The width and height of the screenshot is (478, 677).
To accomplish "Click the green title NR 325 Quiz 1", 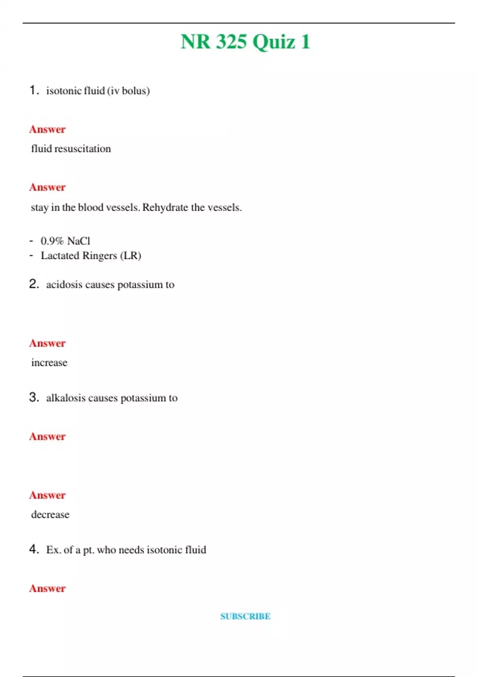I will pyautogui.click(x=245, y=41).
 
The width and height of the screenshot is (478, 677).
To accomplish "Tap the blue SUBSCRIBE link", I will pyautogui.click(x=245, y=616).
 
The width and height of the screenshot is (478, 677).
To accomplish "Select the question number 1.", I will pyautogui.click(x=34, y=90).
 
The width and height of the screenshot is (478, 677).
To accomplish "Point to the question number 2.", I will pyautogui.click(x=34, y=284).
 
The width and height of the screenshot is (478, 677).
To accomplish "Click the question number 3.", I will pyautogui.click(x=34, y=397).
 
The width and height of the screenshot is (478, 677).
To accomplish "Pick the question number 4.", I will pyautogui.click(x=34, y=549).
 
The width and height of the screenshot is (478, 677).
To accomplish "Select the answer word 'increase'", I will pyautogui.click(x=49, y=362).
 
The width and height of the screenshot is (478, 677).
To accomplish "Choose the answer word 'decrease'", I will pyautogui.click(x=50, y=515).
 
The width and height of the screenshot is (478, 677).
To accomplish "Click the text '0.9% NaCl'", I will pyautogui.click(x=65, y=241).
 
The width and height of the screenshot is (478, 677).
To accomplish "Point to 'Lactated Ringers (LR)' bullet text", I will pyautogui.click(x=91, y=256).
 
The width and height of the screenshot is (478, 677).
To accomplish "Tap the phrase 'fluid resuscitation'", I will pyautogui.click(x=71, y=149).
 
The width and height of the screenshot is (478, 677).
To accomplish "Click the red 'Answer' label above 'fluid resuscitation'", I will pyautogui.click(x=47, y=129).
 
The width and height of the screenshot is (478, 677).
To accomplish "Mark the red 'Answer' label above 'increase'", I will pyautogui.click(x=47, y=343).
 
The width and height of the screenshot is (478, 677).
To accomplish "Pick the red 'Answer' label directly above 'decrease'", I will pyautogui.click(x=47, y=495).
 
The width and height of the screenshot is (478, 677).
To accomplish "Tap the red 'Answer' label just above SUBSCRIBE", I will pyautogui.click(x=47, y=588).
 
